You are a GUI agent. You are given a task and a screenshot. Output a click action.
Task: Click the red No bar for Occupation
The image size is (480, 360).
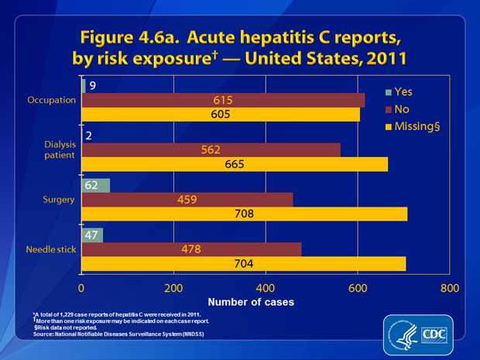coord(223,100)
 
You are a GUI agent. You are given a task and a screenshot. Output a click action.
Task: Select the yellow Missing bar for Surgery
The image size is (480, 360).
coord(244,214)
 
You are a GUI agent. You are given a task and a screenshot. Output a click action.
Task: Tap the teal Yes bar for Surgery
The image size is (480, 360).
coord(95,185)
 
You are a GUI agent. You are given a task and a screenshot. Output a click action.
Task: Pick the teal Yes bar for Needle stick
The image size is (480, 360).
coord(92,235)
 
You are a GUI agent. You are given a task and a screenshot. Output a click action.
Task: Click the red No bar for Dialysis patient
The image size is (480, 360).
coord(211,149)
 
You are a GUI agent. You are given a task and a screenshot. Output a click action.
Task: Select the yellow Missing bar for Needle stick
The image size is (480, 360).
coord(243,263)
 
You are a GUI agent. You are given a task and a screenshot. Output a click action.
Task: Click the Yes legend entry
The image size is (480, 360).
coord(403,91)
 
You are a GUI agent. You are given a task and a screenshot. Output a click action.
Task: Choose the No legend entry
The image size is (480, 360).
coord(401,108)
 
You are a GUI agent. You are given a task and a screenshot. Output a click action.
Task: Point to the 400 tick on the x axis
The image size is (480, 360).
coord(266,286)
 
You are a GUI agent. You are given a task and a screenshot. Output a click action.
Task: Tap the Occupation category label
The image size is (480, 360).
coord(50,100)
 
